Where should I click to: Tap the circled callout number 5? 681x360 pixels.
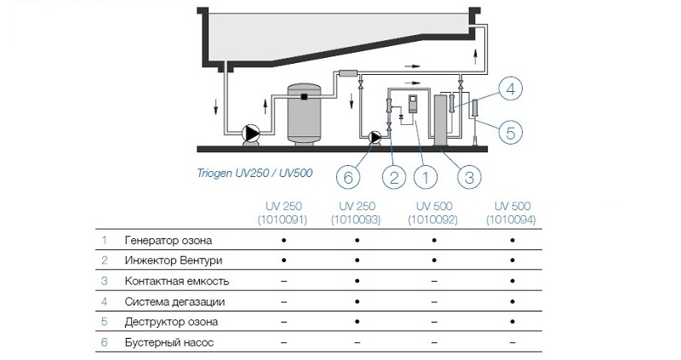point(508,132)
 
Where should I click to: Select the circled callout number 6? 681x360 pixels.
point(346,177)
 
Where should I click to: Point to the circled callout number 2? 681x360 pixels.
point(392,177)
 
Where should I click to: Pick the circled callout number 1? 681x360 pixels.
point(426,177)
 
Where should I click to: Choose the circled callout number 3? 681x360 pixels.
point(468,177)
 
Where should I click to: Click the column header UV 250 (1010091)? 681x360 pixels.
point(281,214)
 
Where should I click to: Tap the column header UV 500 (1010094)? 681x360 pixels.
point(512,214)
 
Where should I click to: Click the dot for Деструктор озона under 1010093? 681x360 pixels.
point(358,322)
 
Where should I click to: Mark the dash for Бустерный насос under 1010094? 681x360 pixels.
point(512,342)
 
